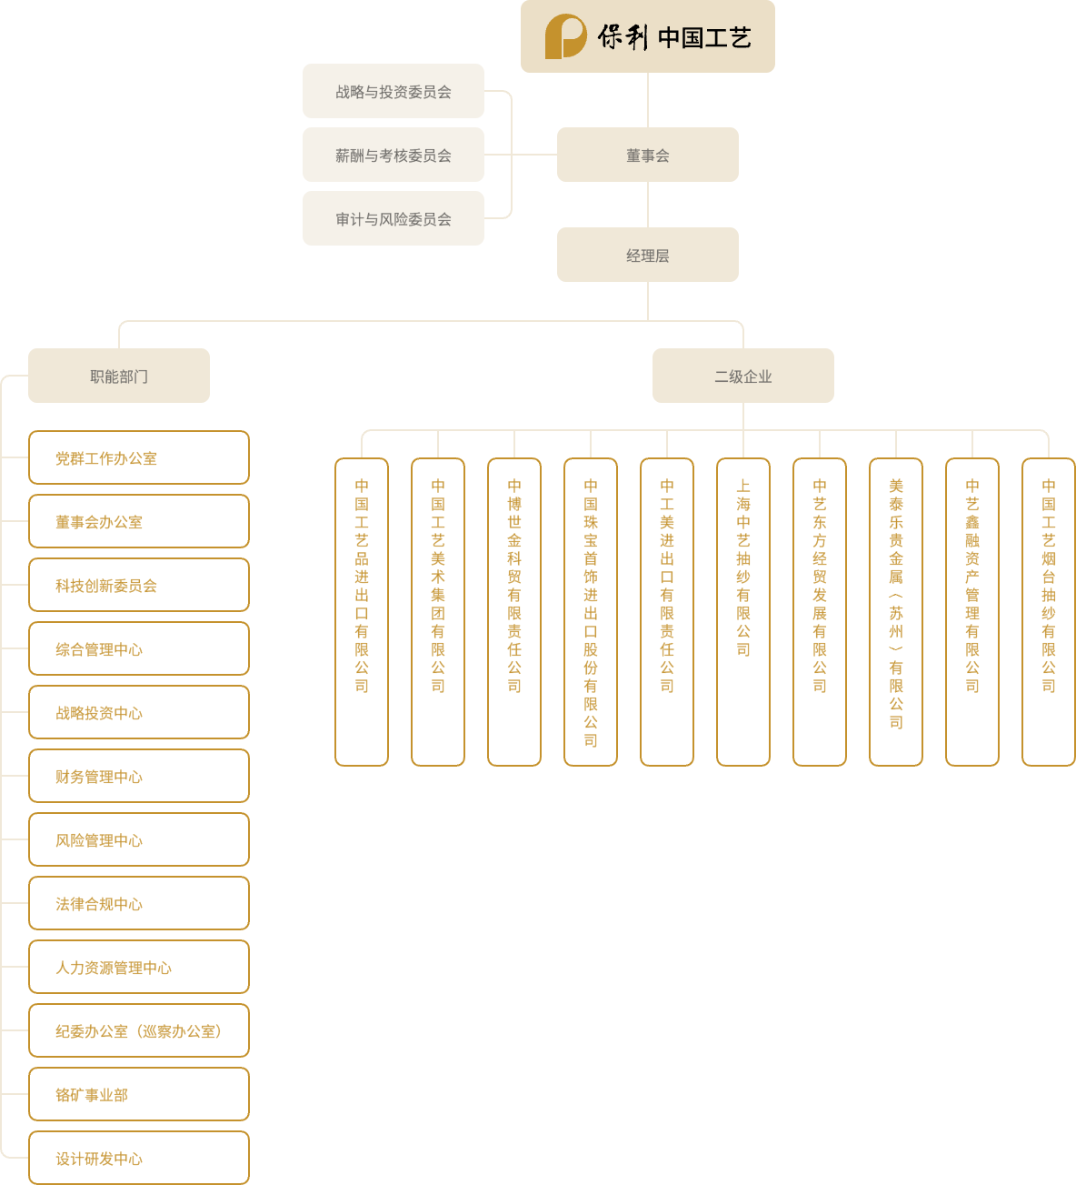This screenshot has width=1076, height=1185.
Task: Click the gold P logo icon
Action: [x=564, y=37]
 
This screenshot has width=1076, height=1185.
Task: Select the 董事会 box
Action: [x=647, y=155]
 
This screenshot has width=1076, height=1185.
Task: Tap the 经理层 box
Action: [x=647, y=255]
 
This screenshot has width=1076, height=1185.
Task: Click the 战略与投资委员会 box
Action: [x=393, y=91]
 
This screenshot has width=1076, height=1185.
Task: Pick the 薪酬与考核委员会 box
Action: [x=393, y=155]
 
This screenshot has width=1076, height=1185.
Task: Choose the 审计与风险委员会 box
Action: [x=393, y=218]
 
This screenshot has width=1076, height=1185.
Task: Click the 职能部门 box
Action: [x=119, y=376]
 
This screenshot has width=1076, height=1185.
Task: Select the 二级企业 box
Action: [x=742, y=376]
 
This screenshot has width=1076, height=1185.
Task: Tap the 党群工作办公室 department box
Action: [x=139, y=457]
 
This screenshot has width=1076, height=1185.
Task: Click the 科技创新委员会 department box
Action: [x=139, y=585]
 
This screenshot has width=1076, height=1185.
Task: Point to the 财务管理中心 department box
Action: [x=139, y=776]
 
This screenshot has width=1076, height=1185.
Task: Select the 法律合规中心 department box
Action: [x=139, y=903]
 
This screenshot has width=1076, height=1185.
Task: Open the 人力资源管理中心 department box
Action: [x=139, y=967]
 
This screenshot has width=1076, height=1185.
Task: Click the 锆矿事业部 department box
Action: [x=139, y=1094]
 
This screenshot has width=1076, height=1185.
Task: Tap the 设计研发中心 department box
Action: [x=139, y=1158]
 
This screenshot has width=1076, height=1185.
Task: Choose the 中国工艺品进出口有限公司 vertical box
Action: [x=362, y=611]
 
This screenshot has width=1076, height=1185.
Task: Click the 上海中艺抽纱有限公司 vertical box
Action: [x=743, y=611]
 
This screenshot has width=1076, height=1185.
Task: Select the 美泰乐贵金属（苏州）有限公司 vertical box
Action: [x=896, y=611]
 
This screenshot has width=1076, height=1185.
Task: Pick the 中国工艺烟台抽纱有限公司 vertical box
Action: [x=1049, y=611]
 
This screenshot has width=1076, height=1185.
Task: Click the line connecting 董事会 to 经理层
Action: [x=648, y=205]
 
